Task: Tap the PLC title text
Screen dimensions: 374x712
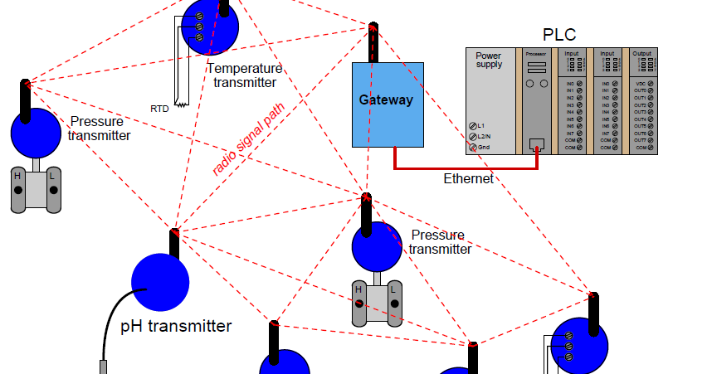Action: tap(559, 35)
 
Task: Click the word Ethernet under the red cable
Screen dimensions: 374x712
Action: tap(468, 178)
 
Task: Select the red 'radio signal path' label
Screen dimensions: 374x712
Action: tap(247, 140)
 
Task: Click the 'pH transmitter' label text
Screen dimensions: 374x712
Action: tap(176, 326)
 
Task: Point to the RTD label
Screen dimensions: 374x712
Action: tap(159, 109)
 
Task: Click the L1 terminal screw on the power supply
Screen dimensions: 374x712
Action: tap(473, 125)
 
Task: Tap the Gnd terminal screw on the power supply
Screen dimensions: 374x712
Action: tap(473, 147)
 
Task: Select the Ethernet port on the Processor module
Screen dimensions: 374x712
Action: tap(536, 143)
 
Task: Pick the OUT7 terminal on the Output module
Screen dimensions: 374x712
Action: tap(651, 140)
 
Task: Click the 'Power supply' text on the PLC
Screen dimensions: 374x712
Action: tap(489, 60)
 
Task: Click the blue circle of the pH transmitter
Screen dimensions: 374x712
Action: tap(160, 283)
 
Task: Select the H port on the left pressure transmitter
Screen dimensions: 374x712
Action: tap(17, 189)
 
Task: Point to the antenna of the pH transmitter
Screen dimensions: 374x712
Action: tap(174, 242)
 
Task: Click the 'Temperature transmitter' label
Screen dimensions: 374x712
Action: tap(245, 75)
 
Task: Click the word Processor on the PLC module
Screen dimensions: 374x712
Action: tap(536, 53)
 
